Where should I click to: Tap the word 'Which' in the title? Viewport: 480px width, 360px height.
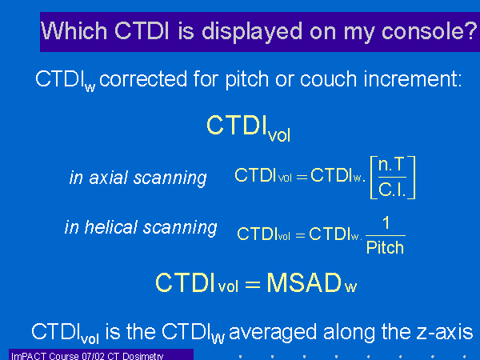coord(74,30)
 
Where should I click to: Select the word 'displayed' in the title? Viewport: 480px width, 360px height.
coord(252,32)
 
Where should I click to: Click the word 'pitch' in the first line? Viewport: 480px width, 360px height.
coord(246,80)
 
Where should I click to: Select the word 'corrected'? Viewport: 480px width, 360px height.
coord(143,79)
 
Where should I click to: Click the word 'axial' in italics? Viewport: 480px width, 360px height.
coord(108,178)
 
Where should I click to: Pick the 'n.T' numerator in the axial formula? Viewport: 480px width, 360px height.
coord(392,165)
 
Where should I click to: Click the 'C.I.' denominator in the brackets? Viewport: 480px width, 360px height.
coord(392,190)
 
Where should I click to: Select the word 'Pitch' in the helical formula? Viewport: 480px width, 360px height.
coord(385,247)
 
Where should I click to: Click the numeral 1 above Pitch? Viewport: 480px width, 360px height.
coord(386,222)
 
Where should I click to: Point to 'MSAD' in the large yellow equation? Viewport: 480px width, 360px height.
coord(304,283)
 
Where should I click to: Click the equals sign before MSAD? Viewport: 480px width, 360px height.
coord(253,285)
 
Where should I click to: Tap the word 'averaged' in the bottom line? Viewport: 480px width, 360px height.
coord(273,333)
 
